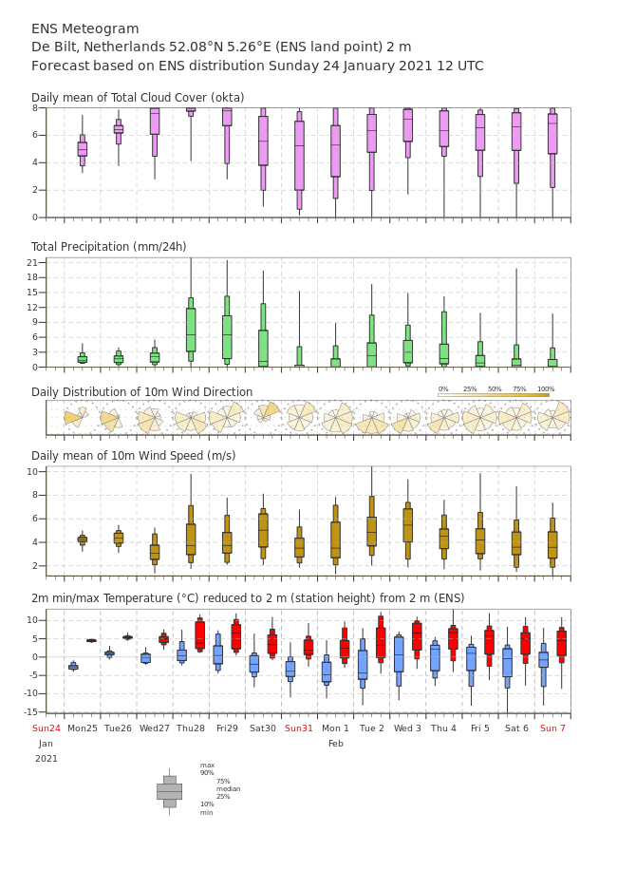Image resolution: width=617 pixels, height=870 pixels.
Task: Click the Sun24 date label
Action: [46, 728]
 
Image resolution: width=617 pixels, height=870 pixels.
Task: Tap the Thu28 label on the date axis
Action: [191, 728]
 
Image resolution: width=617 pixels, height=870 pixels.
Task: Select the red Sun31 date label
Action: [299, 728]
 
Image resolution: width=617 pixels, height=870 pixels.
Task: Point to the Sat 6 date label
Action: [516, 728]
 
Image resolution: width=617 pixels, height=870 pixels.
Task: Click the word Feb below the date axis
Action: [336, 744]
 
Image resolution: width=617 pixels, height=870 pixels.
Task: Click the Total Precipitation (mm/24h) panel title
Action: [108, 246]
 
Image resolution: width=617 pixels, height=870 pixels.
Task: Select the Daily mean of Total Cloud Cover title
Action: [138, 98]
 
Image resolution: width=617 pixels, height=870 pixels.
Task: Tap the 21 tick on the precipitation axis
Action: [32, 262]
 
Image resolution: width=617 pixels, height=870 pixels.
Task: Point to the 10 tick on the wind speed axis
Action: [32, 472]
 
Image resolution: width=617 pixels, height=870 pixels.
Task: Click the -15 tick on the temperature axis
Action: [31, 711]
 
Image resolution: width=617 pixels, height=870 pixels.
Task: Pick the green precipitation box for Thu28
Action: [191, 330]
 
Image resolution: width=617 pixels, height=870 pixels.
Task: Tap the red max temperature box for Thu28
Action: [200, 634]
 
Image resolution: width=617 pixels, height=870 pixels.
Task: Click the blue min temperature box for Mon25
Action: [73, 667]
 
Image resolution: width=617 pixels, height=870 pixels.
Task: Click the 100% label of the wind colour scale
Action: [546, 389]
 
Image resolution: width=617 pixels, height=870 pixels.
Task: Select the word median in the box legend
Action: [229, 788]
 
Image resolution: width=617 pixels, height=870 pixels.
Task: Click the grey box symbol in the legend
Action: [170, 792]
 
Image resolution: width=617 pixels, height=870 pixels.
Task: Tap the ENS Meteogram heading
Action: [85, 28]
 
